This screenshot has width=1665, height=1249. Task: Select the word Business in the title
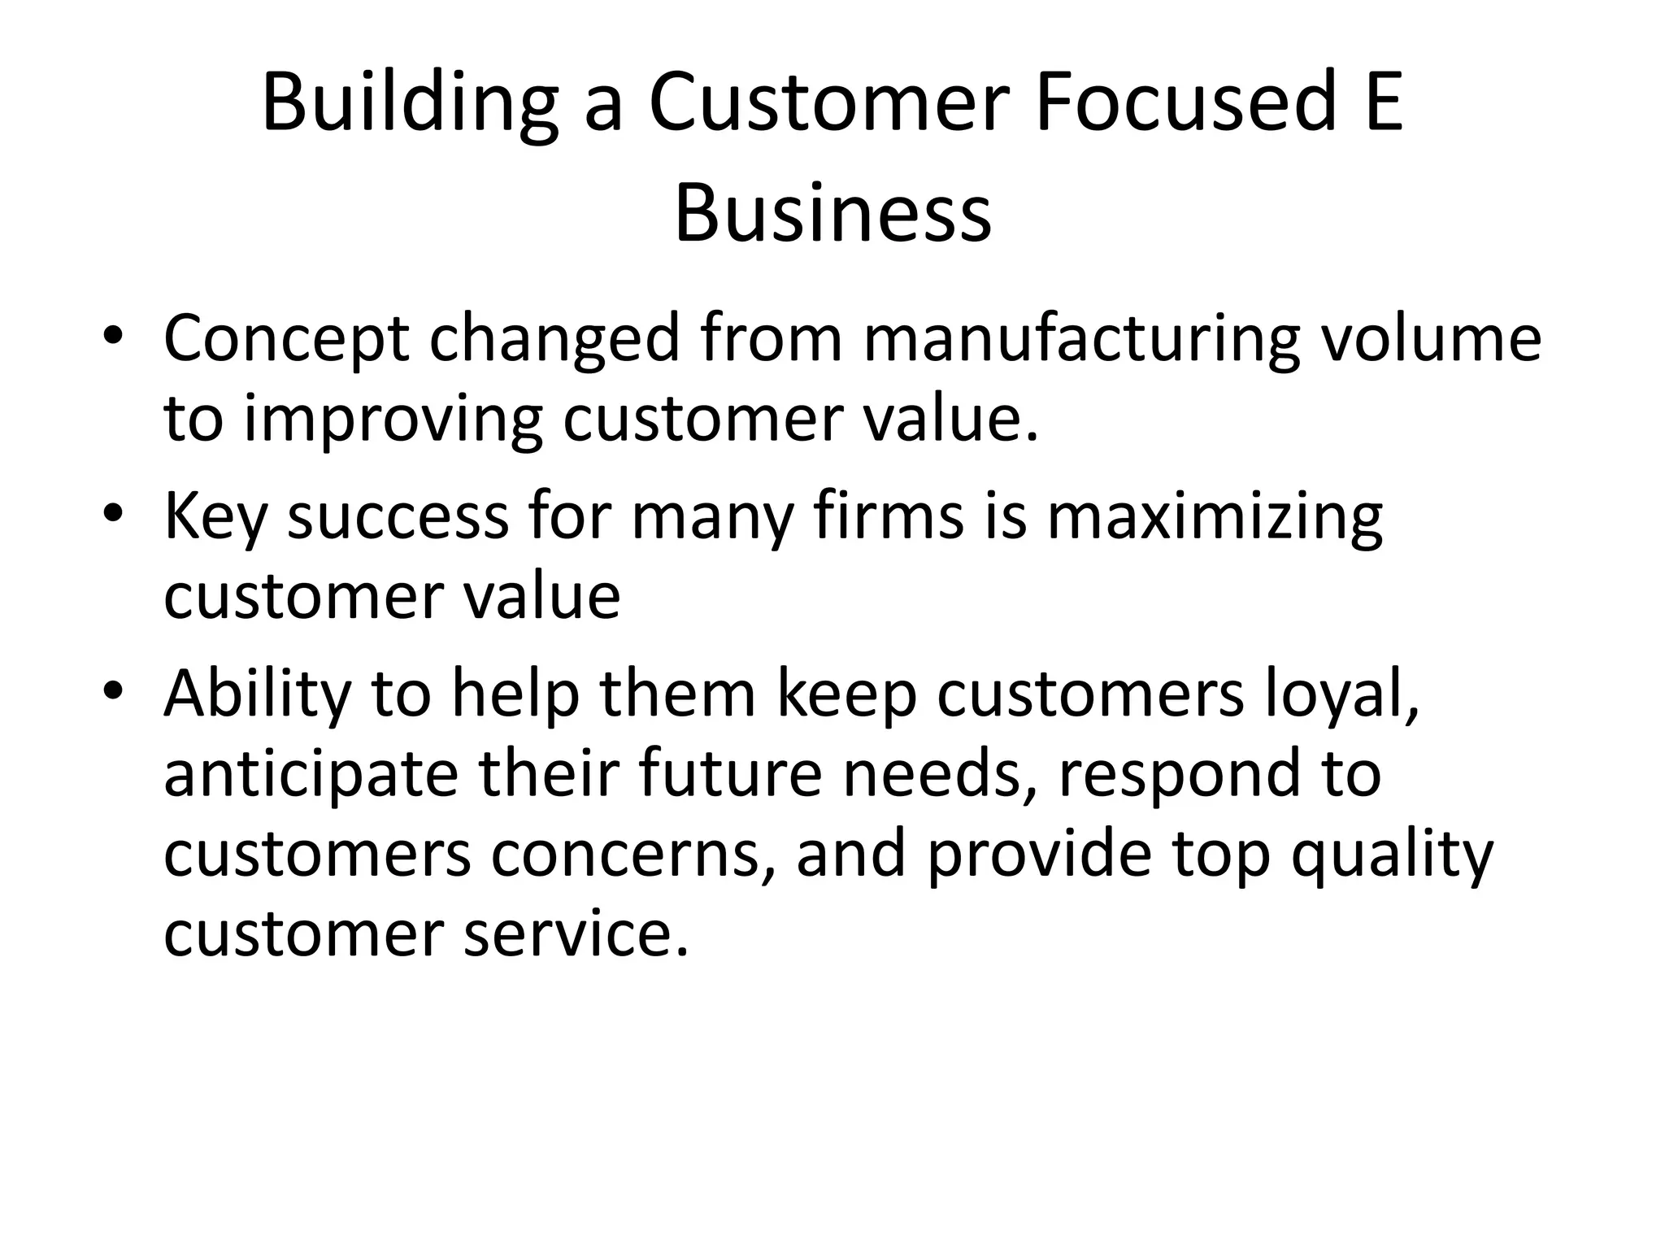832,214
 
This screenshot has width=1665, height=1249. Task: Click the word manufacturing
1080,338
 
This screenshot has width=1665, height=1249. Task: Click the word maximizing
1215,517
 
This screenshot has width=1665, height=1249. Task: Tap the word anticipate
311,775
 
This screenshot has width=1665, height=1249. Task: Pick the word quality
1392,856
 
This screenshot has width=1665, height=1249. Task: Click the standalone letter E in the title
1383,102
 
